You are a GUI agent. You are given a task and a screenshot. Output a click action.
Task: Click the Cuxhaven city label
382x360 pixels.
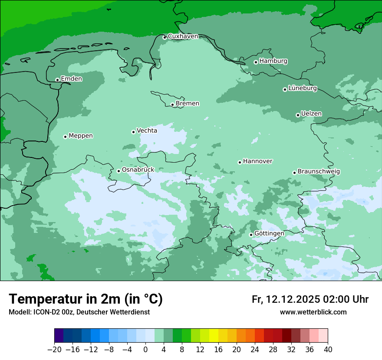tap(183, 36)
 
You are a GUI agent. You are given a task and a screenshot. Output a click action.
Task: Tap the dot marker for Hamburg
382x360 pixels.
tap(256, 62)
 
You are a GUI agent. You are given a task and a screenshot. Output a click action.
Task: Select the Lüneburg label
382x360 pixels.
tap(303, 88)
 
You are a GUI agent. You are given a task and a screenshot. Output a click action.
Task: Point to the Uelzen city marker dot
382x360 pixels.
tap(298, 115)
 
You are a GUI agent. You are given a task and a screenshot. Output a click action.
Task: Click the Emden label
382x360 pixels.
tap(71, 79)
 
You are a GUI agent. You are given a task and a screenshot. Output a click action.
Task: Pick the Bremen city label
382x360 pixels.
tap(188, 103)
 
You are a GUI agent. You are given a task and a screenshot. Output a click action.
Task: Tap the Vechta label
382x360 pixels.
tap(147, 131)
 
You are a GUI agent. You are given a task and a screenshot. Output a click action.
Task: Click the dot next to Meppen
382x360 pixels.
tap(65, 137)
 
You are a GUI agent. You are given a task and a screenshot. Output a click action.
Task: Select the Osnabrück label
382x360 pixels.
tap(138, 170)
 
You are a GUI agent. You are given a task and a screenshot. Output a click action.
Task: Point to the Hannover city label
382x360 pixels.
tap(257, 161)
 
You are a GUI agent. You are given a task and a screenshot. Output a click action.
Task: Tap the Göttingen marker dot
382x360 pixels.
tap(251, 235)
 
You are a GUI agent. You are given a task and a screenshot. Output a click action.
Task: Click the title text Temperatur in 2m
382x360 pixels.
tap(86, 299)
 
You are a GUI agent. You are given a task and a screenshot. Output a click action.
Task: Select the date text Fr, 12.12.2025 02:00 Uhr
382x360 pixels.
tap(310, 299)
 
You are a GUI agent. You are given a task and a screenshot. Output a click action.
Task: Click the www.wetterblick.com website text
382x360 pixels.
tap(313, 312)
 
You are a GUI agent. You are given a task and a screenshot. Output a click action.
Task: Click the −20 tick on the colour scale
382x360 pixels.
tap(54, 350)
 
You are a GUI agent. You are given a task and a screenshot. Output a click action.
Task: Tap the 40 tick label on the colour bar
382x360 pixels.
tap(328, 350)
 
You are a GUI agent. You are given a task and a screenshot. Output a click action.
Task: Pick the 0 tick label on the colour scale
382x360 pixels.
tap(145, 350)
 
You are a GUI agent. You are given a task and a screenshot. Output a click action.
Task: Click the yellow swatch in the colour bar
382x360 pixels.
tap(214, 336)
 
